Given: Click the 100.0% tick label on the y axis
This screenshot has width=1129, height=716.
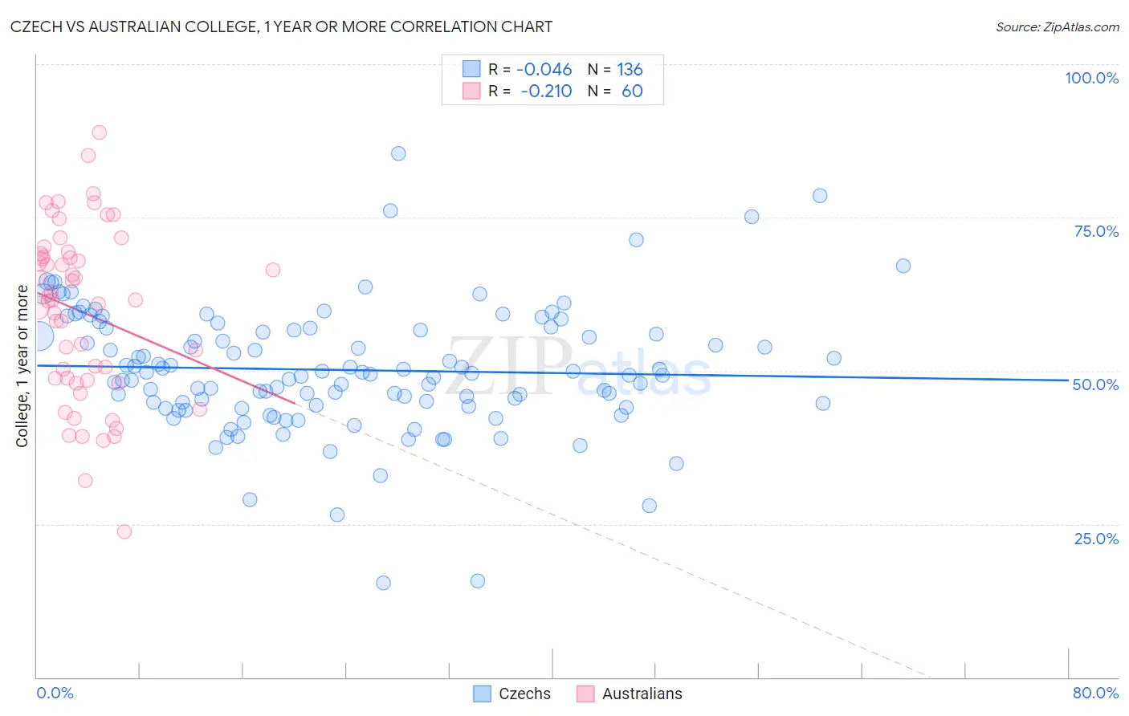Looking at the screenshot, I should pos(1091,78).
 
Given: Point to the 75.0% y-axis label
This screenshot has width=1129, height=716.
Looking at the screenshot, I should pos(1096,231).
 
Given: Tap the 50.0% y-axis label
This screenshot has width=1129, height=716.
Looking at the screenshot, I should pos(1095,384).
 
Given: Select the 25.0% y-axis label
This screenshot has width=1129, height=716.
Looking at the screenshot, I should pos(1096,538).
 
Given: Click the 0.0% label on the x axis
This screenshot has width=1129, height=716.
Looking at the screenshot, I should pos(55,693).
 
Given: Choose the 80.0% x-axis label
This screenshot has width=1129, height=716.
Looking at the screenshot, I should pos(1095,693).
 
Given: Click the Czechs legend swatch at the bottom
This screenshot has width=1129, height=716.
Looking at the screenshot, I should pos(482,694).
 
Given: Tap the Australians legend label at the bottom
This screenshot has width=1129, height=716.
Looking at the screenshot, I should pos(642,694).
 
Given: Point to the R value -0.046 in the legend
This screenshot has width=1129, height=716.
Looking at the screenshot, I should pos(544,69).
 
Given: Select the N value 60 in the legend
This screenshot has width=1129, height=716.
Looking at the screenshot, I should pos(632,91).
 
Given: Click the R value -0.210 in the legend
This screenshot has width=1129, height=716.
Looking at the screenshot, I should pos(546,91).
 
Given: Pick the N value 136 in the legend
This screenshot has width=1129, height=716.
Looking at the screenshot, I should pos(630,69).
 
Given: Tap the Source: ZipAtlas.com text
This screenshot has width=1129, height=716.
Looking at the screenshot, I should pos(1057,26).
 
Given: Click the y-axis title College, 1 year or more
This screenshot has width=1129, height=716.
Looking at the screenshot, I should pos(22,365).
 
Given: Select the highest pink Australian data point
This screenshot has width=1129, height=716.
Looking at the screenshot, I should pos(100,132).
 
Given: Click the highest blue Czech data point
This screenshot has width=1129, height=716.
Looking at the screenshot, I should pos(398,153).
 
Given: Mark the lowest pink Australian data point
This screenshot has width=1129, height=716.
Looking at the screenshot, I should pos(124,531).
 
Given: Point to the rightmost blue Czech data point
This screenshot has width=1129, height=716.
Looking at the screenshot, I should pos(903,266).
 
